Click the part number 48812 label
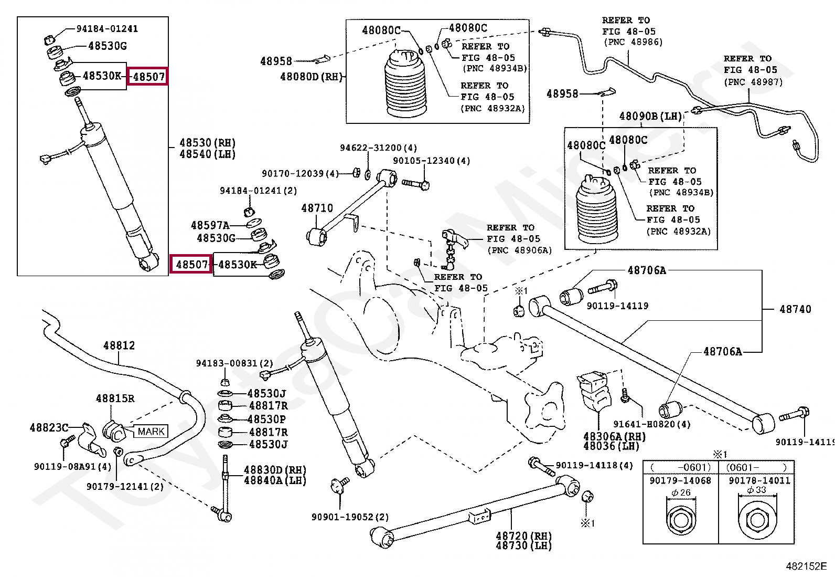coord(119,345)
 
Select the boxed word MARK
coord(151,432)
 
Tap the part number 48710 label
coord(317,208)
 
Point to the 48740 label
coord(795,309)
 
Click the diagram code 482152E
coord(806,566)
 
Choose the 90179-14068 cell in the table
coord(680,480)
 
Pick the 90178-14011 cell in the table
coord(759,480)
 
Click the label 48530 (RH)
coord(207,143)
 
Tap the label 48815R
coord(115,398)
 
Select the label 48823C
coord(49,428)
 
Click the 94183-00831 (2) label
coord(234,363)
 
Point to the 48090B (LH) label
coord(650,116)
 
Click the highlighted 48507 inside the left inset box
coord(148,77)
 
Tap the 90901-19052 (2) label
coord(350,517)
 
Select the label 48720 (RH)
coord(523,536)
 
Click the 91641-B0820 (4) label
coord(652,424)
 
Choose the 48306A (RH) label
coord(614,436)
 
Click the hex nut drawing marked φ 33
coord(757,520)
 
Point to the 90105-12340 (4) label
coord(432,161)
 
